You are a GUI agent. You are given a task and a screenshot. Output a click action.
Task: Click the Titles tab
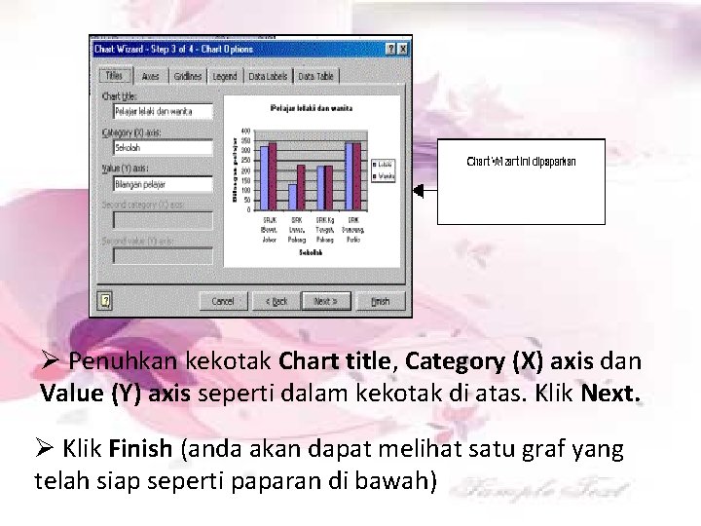pos(114,76)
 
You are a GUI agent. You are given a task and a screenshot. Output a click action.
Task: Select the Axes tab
pos(150,76)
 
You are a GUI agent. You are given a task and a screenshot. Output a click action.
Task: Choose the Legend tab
pos(224,76)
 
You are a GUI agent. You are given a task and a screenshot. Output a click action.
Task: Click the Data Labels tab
pos(268,76)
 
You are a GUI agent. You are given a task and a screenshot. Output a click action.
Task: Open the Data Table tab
pos(316,76)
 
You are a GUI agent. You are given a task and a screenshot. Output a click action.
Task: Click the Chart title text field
pos(162,111)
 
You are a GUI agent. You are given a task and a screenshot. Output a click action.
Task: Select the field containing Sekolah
pos(162,147)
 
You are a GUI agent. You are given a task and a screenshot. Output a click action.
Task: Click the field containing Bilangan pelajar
pos(162,183)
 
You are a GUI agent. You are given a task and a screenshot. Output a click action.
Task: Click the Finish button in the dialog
pos(381,301)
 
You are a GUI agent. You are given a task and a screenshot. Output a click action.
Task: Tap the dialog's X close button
pos(403,48)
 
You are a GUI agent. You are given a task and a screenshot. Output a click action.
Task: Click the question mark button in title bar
pos(389,48)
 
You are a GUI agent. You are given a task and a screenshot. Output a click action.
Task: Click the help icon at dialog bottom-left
pos(106,301)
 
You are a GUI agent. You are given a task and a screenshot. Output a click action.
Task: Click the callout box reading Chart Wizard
pos(521,181)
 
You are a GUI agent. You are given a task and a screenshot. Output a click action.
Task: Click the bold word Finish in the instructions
pos(140,450)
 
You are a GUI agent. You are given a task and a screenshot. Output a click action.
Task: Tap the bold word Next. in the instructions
pos(611,394)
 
